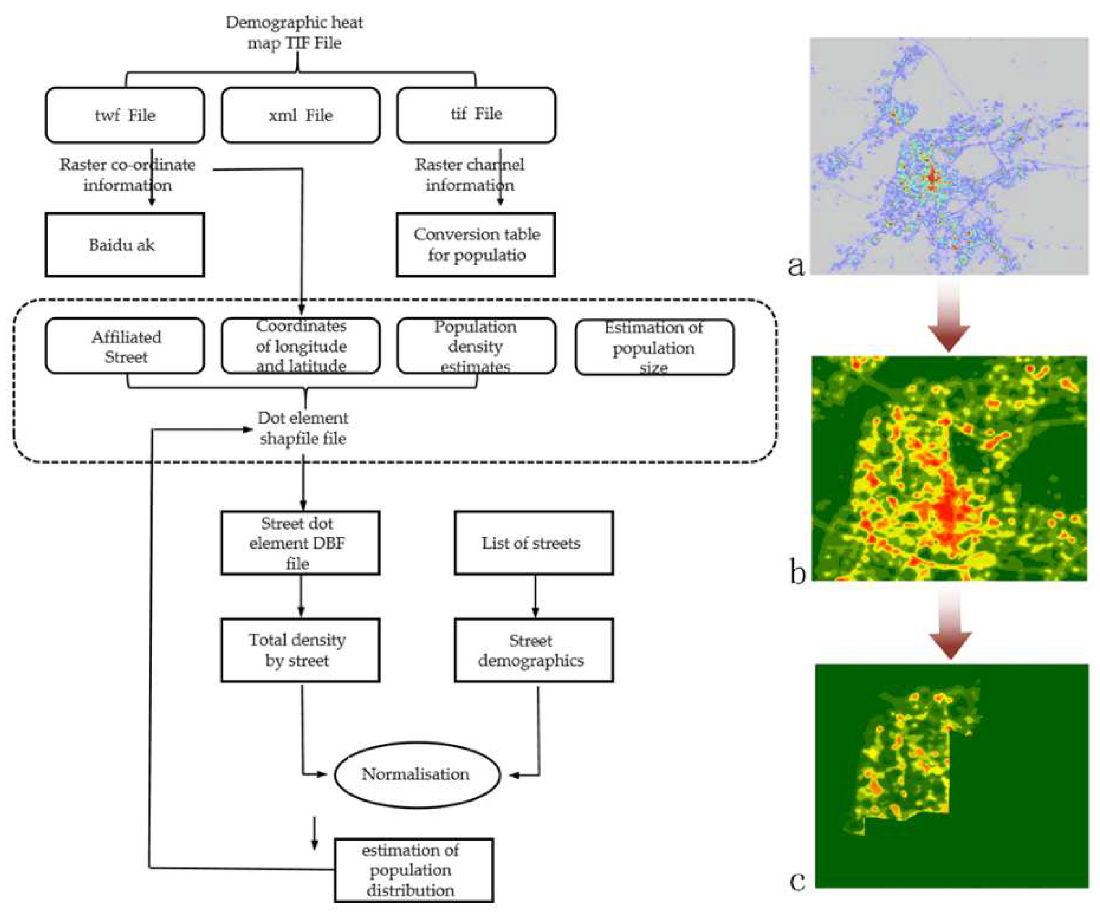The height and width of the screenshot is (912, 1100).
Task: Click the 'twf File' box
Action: (x=125, y=115)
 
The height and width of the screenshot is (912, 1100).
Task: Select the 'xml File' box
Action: (x=300, y=115)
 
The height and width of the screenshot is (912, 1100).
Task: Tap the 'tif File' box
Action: (x=476, y=114)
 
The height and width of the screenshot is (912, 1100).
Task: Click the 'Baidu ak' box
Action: (x=125, y=245)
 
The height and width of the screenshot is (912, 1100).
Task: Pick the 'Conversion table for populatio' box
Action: (x=476, y=245)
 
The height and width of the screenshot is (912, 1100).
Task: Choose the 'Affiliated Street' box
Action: (x=125, y=346)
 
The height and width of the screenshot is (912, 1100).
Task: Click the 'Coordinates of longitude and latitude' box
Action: (x=300, y=346)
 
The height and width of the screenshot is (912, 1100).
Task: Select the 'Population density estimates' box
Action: (x=476, y=346)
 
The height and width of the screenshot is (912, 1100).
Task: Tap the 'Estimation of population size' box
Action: (x=654, y=347)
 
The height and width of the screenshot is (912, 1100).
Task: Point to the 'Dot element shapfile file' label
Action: (x=303, y=428)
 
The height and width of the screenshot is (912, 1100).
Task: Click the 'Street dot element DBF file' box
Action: (x=300, y=543)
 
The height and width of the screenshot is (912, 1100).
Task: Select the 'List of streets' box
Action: (x=533, y=543)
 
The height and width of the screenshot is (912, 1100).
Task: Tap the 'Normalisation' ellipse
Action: (x=417, y=774)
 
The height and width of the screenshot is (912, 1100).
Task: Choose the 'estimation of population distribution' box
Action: (x=413, y=870)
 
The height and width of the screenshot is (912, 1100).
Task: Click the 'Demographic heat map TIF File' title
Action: (x=294, y=32)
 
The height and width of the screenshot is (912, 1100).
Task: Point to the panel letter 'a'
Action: (x=796, y=265)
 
